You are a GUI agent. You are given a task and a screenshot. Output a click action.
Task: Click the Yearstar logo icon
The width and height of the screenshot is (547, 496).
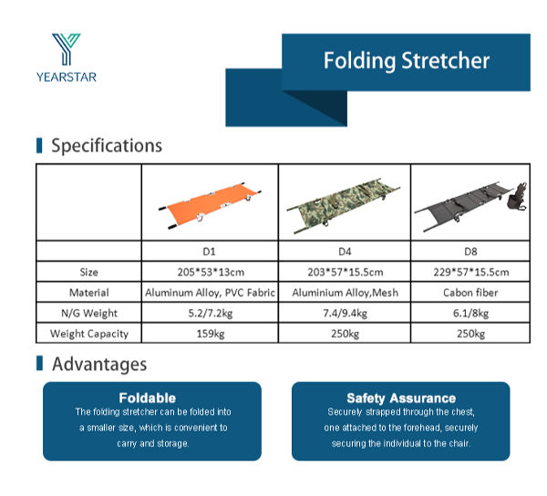[66, 49]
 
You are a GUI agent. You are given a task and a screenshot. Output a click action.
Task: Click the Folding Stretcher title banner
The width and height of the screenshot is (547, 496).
[406, 61]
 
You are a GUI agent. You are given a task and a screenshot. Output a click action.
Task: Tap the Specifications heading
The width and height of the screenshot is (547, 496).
[106, 145]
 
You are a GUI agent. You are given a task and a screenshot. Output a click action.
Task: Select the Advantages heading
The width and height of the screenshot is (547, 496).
[98, 364]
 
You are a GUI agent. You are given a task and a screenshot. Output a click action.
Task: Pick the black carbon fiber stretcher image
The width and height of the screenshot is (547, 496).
[470, 203]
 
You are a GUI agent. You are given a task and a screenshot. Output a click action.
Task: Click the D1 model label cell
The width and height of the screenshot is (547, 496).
[210, 251]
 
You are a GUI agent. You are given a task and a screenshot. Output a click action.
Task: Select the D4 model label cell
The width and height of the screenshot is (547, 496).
[344, 251]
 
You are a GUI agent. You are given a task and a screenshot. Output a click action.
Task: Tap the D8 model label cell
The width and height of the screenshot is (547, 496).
[471, 251]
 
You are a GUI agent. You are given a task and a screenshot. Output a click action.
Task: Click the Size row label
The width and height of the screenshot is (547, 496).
[88, 272]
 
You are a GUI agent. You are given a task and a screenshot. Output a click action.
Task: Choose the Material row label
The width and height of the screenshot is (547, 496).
[88, 293]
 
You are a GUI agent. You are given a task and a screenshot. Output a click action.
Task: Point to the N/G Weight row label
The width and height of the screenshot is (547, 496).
[88, 314]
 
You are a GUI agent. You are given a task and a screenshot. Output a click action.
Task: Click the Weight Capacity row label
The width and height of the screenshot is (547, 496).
[88, 335]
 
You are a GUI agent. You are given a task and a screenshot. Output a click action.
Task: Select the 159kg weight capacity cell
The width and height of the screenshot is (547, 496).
[210, 335]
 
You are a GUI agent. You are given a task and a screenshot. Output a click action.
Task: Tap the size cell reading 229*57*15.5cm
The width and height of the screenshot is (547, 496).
[471, 272]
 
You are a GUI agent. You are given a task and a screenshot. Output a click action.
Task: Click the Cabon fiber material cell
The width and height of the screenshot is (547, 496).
[471, 293]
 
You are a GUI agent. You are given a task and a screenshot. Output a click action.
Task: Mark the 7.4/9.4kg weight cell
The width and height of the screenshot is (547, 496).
[344, 314]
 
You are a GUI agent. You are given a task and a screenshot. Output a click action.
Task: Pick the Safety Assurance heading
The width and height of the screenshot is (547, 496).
[400, 398]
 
